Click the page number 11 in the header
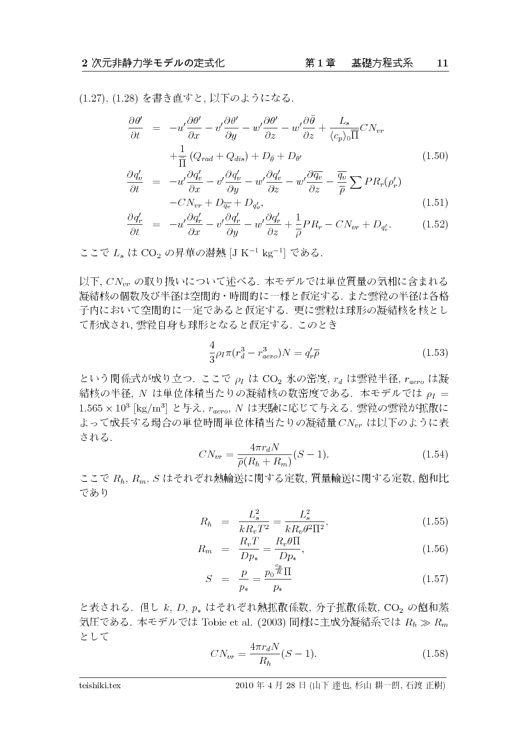(442, 63)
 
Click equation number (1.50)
(433, 155)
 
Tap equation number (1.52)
(433, 224)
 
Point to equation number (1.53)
(433, 352)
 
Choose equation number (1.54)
(433, 454)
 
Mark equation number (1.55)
(433, 521)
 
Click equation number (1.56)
(433, 549)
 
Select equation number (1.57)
(433, 579)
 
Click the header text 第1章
(320, 63)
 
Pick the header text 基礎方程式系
(382, 63)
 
